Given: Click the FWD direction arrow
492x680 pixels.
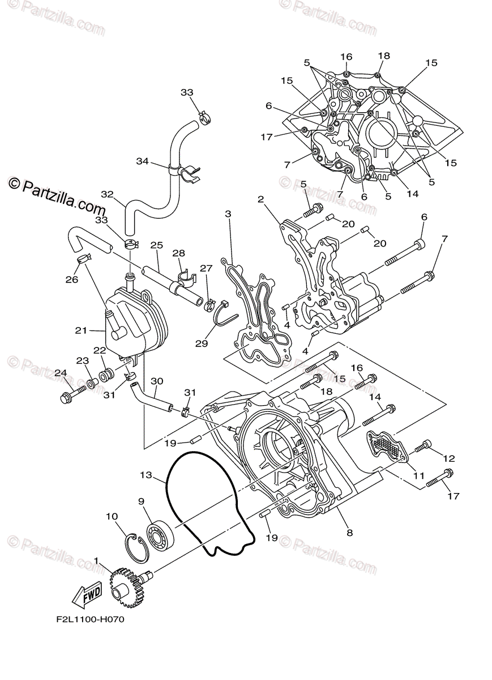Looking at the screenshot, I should coord(86,595).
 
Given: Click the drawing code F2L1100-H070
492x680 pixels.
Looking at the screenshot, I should coord(91,619).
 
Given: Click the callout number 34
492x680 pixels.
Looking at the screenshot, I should coord(142,161).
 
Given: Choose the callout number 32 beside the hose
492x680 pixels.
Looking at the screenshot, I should coord(108,194).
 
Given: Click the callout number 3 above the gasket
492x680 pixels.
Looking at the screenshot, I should coord(228,214).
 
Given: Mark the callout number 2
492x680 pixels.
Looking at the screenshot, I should coord(260,199).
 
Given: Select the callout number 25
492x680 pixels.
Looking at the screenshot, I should coord(157,245).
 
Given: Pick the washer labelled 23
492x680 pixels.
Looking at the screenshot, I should coord(90,378).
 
